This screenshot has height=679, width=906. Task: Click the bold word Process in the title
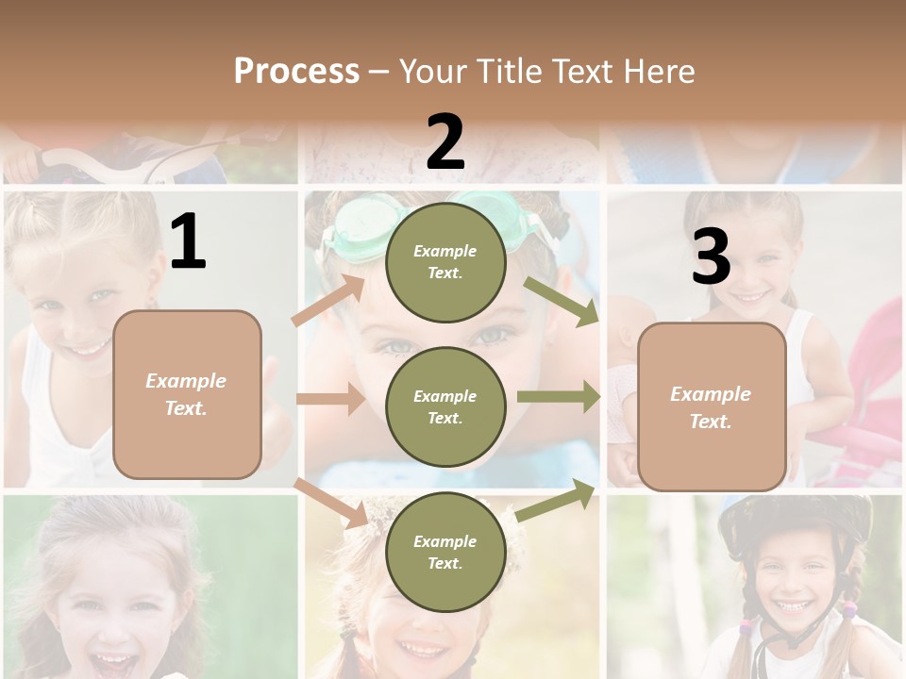296,72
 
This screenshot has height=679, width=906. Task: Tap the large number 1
188,242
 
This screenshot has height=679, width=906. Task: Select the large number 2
445,142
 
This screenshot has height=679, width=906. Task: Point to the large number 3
711,257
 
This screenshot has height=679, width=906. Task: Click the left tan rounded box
187,394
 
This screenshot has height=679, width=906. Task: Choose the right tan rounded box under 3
712,406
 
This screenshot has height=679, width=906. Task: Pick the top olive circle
445,261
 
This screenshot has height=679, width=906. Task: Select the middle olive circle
445,406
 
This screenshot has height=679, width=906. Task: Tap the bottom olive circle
445,552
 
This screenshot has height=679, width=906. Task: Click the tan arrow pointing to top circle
327,301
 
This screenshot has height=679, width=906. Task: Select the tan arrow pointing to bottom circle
330,502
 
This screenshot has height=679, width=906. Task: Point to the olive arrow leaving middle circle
559,397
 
